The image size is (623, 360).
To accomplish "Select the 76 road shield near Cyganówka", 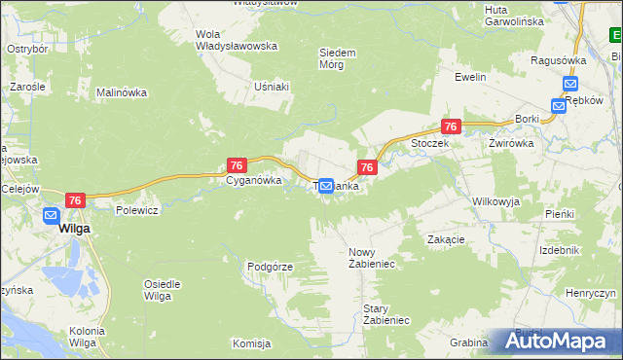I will pos(236,165).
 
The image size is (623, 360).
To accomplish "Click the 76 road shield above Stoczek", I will pos(450,126).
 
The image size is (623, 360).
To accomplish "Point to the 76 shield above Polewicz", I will pos(77,199).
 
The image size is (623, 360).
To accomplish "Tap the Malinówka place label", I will pos(121,93).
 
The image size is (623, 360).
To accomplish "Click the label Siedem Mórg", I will pos(339,58).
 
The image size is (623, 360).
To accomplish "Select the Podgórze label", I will pos(271,266).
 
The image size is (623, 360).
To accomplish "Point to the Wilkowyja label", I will pos(495,201).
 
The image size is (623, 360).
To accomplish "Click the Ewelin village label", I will pos(470,77).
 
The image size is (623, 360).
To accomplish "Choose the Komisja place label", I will pos(250,343).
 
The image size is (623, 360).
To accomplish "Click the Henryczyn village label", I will pos(591,293).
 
